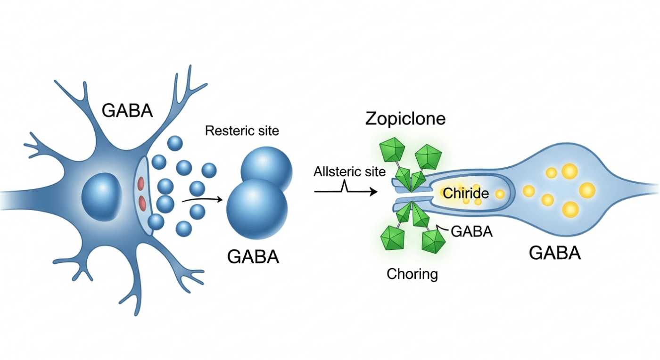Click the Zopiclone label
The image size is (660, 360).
(x=405, y=119)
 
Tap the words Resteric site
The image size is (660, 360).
(x=242, y=131)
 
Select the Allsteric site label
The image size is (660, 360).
(x=349, y=172)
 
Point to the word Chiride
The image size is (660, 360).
(x=466, y=193)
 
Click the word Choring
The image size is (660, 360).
(x=412, y=274)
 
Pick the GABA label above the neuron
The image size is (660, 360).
(x=127, y=111)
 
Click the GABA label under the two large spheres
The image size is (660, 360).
(x=253, y=257)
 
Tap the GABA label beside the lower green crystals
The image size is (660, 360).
(x=472, y=231)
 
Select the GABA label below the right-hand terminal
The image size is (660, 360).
(x=555, y=253)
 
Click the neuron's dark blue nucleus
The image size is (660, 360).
(x=102, y=197)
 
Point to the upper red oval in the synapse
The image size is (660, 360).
(x=141, y=184)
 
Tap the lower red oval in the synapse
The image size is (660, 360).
(x=142, y=203)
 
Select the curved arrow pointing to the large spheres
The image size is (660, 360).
(x=202, y=199)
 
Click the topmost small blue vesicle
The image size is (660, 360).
(x=175, y=143)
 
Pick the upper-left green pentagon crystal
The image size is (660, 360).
(x=392, y=150)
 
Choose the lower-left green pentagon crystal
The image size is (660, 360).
(x=392, y=238)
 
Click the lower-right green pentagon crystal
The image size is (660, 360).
(x=433, y=241)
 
